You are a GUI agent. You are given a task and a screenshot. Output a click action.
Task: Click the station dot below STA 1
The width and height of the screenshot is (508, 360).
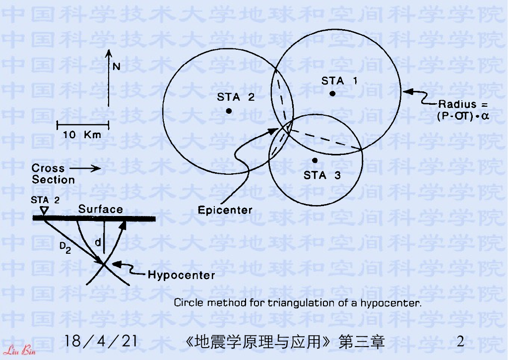coord(333,93)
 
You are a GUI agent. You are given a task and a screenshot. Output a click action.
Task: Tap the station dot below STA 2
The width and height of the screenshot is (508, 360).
coord(229,111)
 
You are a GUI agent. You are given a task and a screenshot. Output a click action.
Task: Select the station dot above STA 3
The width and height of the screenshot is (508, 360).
coord(315,160)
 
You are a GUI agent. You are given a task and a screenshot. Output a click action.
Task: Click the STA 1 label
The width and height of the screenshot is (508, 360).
coord(339,80)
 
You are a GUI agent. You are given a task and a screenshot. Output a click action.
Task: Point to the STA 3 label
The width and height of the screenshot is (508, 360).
coord(322,175)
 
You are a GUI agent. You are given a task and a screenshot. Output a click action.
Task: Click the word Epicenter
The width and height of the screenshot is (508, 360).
coord(225,210)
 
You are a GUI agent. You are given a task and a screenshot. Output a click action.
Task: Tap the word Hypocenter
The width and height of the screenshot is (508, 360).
coord(182,275)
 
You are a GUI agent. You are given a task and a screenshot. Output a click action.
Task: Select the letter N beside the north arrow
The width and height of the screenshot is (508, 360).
coord(117,66)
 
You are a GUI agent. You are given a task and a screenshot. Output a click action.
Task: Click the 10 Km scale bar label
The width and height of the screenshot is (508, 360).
coord(82,135)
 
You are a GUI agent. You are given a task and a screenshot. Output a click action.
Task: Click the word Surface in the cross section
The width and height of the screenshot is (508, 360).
coord(100,209)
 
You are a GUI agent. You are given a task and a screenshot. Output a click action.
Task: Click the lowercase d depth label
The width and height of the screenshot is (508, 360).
coord(98,242)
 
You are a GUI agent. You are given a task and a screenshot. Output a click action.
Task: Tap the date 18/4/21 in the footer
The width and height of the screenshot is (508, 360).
coord(101,342)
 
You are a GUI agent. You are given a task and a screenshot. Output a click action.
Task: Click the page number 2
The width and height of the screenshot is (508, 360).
coord(460,342)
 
